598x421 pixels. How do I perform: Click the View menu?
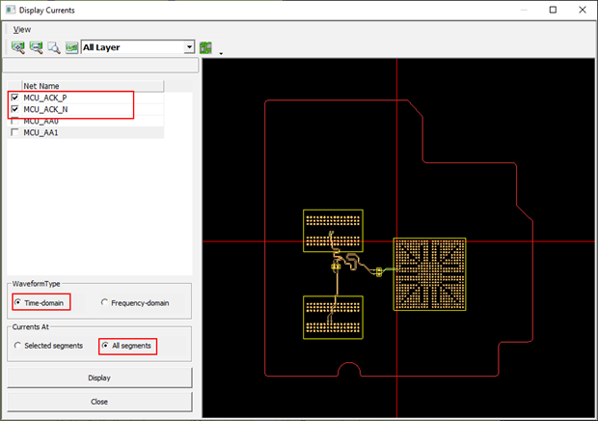pyautogui.click(x=22, y=29)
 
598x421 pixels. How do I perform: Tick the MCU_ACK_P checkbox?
pyautogui.click(x=14, y=98)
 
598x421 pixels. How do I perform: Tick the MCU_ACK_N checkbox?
pyautogui.click(x=14, y=110)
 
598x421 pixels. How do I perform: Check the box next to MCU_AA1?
pyautogui.click(x=14, y=133)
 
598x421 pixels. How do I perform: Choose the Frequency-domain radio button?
pyautogui.click(x=105, y=303)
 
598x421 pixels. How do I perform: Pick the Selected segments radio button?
pyautogui.click(x=17, y=346)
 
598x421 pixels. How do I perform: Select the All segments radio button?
pyautogui.click(x=105, y=346)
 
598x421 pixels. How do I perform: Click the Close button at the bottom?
pyautogui.click(x=98, y=401)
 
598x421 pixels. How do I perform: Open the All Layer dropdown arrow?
pyautogui.click(x=189, y=46)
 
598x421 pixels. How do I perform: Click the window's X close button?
pyautogui.click(x=580, y=10)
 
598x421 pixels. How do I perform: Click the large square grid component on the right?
pyautogui.click(x=429, y=273)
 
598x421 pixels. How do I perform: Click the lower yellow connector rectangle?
pyautogui.click(x=333, y=318)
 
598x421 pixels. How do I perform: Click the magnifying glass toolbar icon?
pyautogui.click(x=54, y=46)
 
